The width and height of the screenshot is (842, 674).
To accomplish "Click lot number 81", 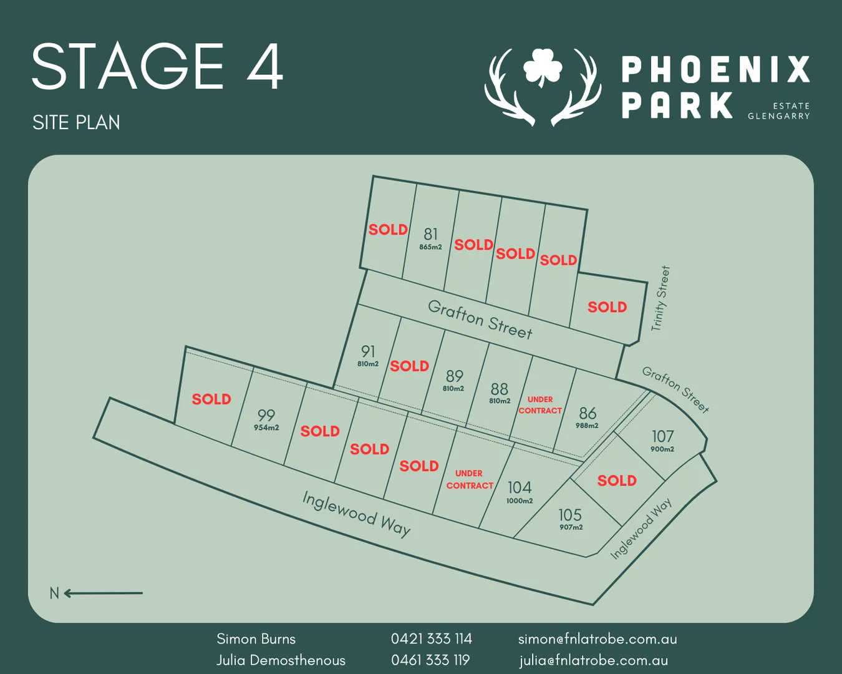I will (430, 234).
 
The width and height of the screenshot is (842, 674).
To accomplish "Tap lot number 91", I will (368, 351).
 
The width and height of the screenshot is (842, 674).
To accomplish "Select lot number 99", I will (266, 415).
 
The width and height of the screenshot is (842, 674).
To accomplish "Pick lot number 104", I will (520, 487).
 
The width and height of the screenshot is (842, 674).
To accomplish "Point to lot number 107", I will (662, 436).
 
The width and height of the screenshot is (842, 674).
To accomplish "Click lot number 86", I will (588, 413).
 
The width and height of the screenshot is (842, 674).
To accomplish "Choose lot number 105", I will (570, 515).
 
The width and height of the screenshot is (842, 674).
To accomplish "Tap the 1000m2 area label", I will (520, 501).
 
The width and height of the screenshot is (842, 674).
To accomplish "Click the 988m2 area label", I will (587, 426).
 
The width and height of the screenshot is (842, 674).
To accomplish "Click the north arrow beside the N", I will (104, 593).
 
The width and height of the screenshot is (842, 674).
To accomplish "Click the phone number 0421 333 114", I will (431, 638).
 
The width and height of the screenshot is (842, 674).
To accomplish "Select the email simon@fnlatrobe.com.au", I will (597, 638).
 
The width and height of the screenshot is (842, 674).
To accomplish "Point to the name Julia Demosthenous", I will (281, 660).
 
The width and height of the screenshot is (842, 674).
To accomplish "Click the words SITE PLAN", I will (76, 122).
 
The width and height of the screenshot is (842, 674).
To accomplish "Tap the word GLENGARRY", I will (778, 116).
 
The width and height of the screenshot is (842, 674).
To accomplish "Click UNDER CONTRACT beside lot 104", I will (470, 479).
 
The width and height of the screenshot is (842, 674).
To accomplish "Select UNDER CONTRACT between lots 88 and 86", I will (540, 405).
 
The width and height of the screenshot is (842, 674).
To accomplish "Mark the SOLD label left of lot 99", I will (211, 399).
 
